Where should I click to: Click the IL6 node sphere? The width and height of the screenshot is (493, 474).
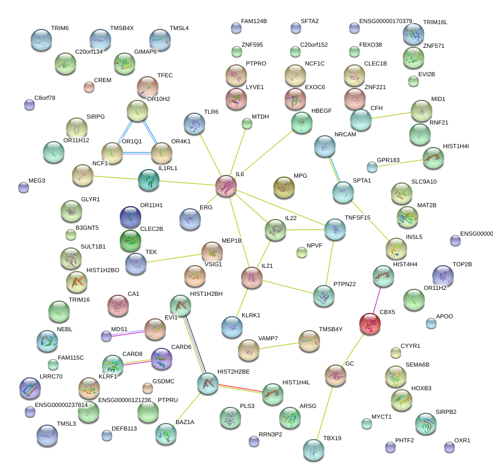(x=226, y=186)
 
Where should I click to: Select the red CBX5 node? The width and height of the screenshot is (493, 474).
(x=369, y=324)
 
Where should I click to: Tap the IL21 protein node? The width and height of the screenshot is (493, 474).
(x=251, y=277)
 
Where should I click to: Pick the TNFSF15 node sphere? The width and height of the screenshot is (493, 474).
(x=335, y=230)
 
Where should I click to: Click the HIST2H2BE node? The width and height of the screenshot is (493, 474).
(x=207, y=383)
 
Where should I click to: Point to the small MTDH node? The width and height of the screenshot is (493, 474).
(x=247, y=124)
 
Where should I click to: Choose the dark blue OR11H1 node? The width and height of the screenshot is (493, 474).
(x=130, y=217)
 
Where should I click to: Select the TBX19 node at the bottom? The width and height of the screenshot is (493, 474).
(x=314, y=450)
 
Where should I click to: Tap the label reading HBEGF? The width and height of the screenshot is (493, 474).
(x=322, y=111)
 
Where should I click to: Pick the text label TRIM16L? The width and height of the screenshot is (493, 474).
(x=435, y=22)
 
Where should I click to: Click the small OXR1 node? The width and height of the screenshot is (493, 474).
(x=449, y=447)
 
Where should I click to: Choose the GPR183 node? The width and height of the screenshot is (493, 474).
(x=372, y=167)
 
